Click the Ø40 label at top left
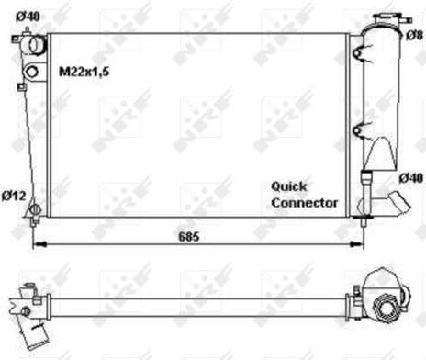click(x=28, y=16)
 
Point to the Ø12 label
click(x=14, y=194)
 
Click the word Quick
click(x=289, y=185)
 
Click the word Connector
click(x=304, y=202)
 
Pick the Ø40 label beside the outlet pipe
click(x=409, y=176)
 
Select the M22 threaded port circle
click(x=32, y=72)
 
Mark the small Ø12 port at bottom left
click(x=35, y=210)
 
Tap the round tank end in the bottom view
click(x=385, y=296)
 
